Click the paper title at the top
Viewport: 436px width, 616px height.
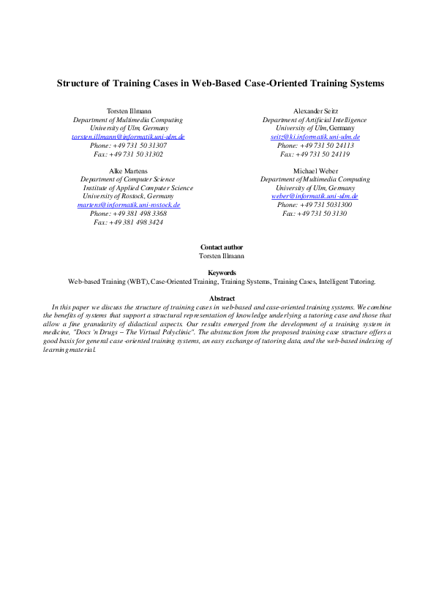coord(220,83)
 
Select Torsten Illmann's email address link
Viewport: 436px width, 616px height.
coord(128,137)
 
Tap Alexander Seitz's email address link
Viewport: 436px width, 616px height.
coord(315,137)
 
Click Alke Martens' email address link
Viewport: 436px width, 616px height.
coord(128,205)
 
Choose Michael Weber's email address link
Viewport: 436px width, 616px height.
coord(315,196)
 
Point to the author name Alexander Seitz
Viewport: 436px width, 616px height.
coord(315,110)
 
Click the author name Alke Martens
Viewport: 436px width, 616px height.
coord(128,170)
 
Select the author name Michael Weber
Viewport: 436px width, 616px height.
coord(315,170)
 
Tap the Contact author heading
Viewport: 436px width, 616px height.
coord(222,247)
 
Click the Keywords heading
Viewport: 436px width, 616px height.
coord(222,273)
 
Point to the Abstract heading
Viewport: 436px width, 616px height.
coord(222,298)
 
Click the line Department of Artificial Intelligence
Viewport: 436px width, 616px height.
coord(315,119)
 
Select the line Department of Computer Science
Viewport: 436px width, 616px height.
coord(128,179)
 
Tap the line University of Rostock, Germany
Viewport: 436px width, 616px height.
coord(128,196)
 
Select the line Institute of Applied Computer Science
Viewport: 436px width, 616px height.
coord(138,188)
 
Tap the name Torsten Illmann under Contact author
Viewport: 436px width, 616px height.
coord(222,256)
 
